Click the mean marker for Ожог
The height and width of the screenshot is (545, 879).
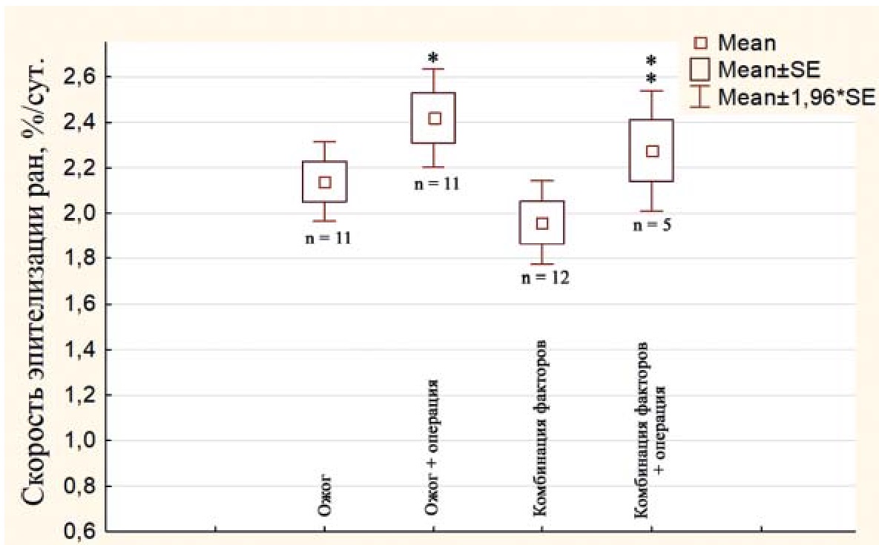(324, 182)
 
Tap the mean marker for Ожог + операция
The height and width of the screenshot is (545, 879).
(435, 119)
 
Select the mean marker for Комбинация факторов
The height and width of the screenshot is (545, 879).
(542, 223)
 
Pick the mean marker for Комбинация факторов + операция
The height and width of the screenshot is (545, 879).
(651, 151)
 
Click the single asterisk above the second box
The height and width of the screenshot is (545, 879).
(435, 58)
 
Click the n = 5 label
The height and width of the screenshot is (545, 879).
(652, 225)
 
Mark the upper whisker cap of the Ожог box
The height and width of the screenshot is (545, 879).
(324, 142)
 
